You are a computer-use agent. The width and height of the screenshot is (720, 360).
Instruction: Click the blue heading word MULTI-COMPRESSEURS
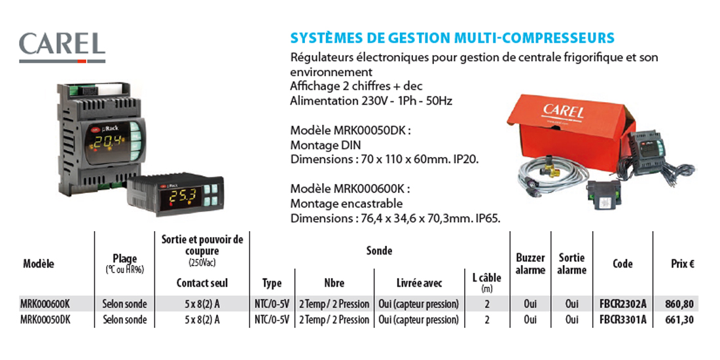(x=534, y=38)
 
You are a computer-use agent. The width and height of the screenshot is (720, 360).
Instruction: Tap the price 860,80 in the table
(x=679, y=304)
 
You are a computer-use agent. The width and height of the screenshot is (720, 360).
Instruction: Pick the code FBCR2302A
(x=622, y=304)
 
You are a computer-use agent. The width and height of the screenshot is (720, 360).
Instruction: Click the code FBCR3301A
(x=622, y=319)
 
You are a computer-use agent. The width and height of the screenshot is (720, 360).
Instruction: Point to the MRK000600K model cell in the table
(x=45, y=304)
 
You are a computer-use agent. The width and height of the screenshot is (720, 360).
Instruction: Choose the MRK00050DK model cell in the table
(x=45, y=319)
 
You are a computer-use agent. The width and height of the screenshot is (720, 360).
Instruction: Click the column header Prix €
(x=682, y=264)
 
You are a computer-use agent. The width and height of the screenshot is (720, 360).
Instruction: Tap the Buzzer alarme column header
(x=530, y=264)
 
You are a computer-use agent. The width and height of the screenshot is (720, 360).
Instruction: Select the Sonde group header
(x=379, y=251)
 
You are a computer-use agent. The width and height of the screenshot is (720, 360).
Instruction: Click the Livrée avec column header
(x=419, y=283)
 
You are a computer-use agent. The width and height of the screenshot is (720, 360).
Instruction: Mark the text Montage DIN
(x=325, y=145)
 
